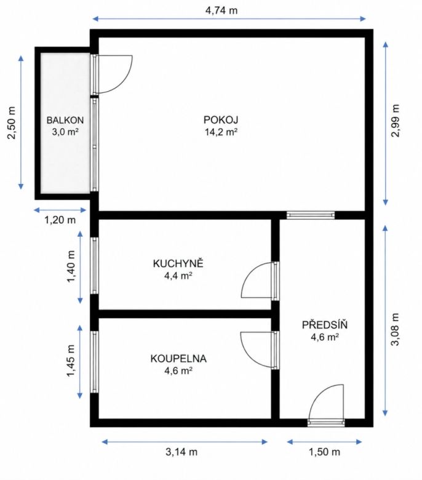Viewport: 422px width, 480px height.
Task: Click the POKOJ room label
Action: pyautogui.click(x=221, y=119)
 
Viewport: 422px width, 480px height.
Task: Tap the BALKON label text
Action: pyautogui.click(x=65, y=120)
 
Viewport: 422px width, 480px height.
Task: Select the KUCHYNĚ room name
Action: pyautogui.click(x=178, y=263)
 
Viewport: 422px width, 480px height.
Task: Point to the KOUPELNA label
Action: pyautogui.click(x=178, y=359)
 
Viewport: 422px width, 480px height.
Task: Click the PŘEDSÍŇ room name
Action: pyautogui.click(x=325, y=324)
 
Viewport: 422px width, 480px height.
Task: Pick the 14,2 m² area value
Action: pyautogui.click(x=221, y=132)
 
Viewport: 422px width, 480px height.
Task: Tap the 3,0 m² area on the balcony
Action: pyautogui.click(x=65, y=132)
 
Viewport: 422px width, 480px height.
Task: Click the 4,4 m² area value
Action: pyautogui.click(x=178, y=276)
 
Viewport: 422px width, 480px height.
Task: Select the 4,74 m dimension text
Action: pyautogui.click(x=221, y=10)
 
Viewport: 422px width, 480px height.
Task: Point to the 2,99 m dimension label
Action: pyautogui.click(x=396, y=121)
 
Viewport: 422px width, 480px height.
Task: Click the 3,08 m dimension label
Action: pyautogui.click(x=396, y=329)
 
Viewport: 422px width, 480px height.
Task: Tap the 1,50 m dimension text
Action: pyautogui.click(x=324, y=452)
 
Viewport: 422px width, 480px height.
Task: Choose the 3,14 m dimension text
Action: pyautogui.click(x=181, y=452)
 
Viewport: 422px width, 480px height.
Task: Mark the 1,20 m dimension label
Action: pyautogui.click(x=60, y=220)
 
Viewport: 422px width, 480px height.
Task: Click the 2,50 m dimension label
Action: pyautogui.click(x=11, y=122)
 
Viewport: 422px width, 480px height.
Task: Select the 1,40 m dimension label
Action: pyautogui.click(x=71, y=267)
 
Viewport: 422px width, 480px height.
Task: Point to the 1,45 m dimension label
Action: pyautogui.click(x=71, y=361)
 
